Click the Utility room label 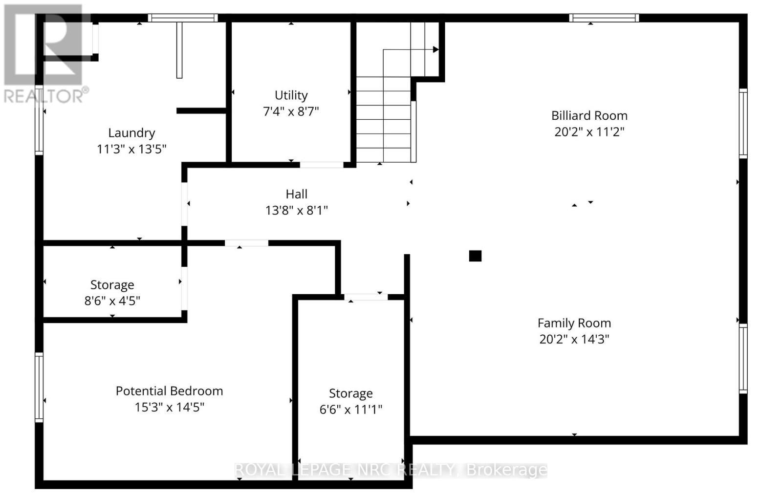point(291,95)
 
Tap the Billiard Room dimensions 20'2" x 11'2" point(589,132)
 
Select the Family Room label point(574,323)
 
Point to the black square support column point(475,256)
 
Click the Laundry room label point(131,133)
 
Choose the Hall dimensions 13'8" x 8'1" point(296,211)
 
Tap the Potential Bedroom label point(169,391)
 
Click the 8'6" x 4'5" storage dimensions point(112,301)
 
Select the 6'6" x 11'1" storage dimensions point(350,410)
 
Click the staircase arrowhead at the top point(435,49)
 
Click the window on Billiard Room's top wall point(604,18)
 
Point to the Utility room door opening point(321,165)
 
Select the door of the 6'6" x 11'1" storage point(366,297)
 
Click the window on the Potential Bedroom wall point(39,387)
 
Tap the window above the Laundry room point(183,18)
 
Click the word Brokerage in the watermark point(507,470)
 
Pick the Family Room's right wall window point(743,358)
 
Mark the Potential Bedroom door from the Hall point(246,243)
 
